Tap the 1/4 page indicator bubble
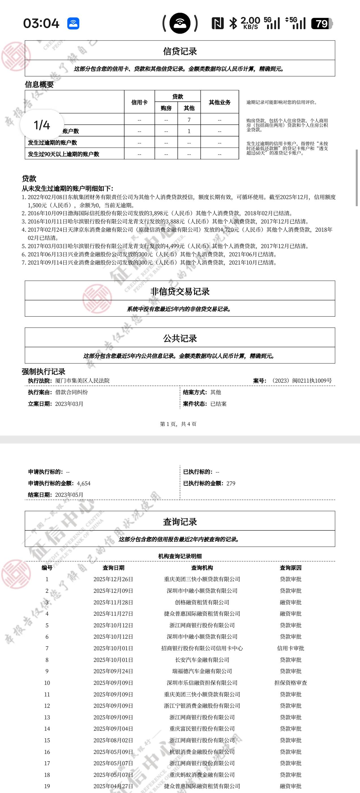click(x=42, y=125)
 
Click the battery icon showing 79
click(x=322, y=24)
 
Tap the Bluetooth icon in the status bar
click(x=233, y=24)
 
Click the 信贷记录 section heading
click(x=180, y=51)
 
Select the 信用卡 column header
click(x=139, y=102)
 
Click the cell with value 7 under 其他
click(x=189, y=120)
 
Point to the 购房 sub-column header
click(x=166, y=108)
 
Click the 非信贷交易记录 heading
click(x=180, y=291)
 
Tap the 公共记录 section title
click(x=180, y=338)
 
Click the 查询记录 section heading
click(x=180, y=522)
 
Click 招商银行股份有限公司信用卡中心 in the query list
click(x=202, y=648)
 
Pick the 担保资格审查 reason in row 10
click(x=290, y=683)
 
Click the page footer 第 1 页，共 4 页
click(x=178, y=424)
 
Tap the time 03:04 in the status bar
click(x=41, y=24)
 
